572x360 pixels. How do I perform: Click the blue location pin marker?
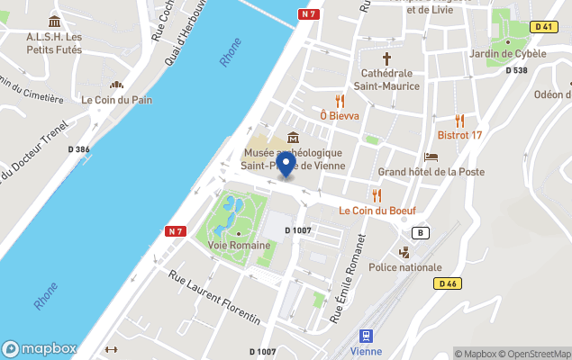286,165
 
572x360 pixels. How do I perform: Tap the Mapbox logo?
39,348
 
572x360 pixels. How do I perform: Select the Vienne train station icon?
367,336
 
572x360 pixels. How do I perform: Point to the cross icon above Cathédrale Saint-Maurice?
387,57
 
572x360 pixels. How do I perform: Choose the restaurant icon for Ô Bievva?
340,100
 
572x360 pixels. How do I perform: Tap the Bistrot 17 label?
459,135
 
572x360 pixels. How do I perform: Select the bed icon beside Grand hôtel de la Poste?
431,157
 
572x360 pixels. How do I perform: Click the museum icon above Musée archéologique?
294,138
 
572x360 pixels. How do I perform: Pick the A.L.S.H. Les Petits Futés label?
54,42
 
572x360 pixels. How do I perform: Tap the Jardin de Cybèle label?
507,53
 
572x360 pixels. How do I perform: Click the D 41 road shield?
542,27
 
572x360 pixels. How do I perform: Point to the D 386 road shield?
77,149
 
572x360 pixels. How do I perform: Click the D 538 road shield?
516,70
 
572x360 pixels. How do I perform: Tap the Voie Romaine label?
238,245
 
